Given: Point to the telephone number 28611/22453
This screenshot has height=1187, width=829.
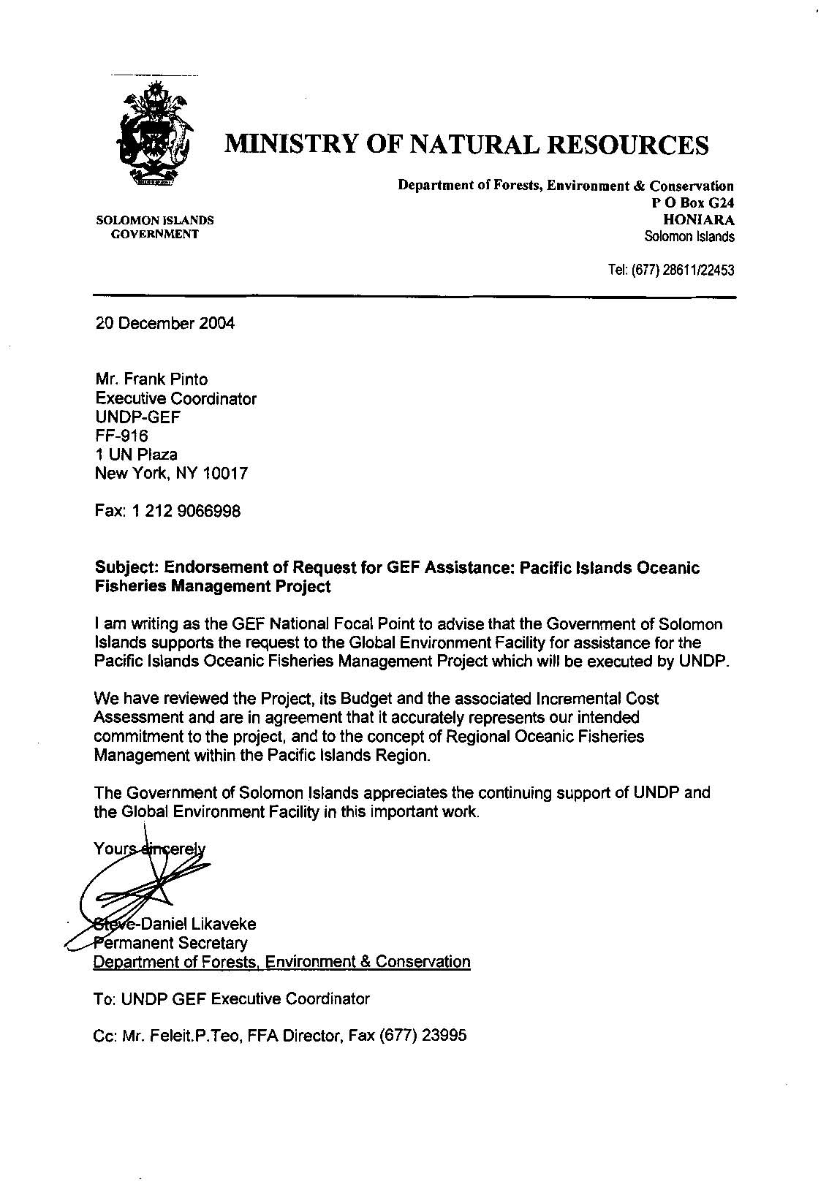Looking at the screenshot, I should coord(699,270).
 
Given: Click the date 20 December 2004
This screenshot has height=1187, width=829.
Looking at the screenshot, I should coord(165,324).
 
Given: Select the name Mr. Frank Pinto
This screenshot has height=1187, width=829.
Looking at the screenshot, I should coord(151,379).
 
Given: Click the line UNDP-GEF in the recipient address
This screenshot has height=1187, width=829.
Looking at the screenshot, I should coord(138,417).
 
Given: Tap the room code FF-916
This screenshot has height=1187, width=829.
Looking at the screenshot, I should coord(122,436).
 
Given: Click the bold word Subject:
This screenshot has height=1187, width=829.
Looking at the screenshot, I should coord(127,568).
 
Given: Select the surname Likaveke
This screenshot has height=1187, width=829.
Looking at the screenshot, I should coord(219,925).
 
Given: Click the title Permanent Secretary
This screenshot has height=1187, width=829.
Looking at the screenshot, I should coord(171,944).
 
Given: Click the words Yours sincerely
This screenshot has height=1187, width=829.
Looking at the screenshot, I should coord(150,849).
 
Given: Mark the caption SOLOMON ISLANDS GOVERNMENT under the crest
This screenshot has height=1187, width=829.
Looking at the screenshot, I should coord(155,227).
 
